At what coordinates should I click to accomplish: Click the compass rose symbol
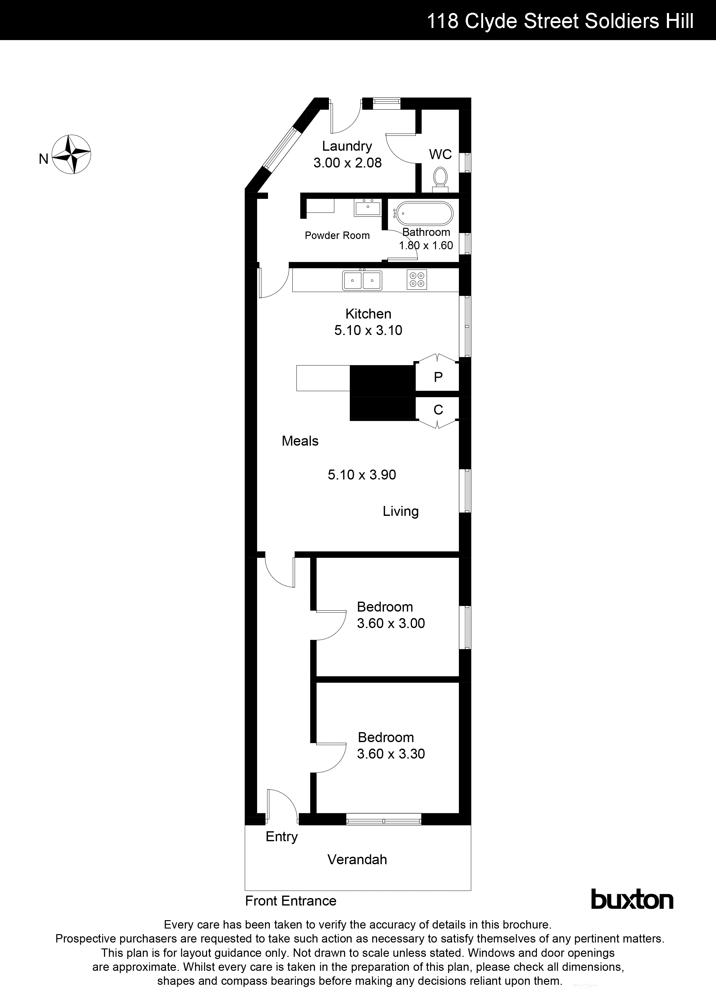click(71, 154)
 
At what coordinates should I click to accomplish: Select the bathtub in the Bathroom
click(423, 214)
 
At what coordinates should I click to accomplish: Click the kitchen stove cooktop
click(417, 280)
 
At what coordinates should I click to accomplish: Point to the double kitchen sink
click(362, 280)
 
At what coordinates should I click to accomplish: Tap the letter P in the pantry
click(438, 377)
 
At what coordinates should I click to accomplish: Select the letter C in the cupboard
click(438, 410)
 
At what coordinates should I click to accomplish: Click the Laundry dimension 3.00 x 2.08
click(348, 163)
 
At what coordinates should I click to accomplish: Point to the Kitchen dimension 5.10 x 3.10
click(368, 330)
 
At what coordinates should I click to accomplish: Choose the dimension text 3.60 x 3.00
click(391, 623)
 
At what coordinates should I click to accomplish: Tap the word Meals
click(300, 441)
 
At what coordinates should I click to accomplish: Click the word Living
click(400, 511)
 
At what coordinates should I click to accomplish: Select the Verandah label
click(357, 860)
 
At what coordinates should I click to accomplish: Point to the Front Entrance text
click(291, 901)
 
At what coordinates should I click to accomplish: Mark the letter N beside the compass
click(43, 159)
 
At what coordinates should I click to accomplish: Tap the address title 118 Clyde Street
click(560, 21)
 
